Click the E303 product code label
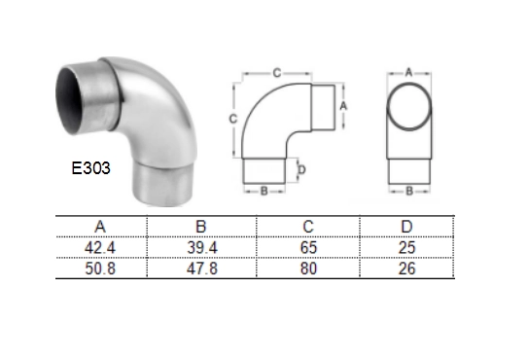pyautogui.click(x=91, y=168)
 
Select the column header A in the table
pyautogui.click(x=100, y=227)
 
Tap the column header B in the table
pyautogui.click(x=201, y=227)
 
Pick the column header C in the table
pyautogui.click(x=308, y=227)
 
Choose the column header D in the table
pyautogui.click(x=406, y=227)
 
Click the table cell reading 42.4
pyautogui.click(x=100, y=248)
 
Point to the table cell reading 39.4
pyautogui.click(x=202, y=248)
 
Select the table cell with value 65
pyautogui.click(x=308, y=248)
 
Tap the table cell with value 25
pyautogui.click(x=406, y=248)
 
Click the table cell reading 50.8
pyautogui.click(x=100, y=269)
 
